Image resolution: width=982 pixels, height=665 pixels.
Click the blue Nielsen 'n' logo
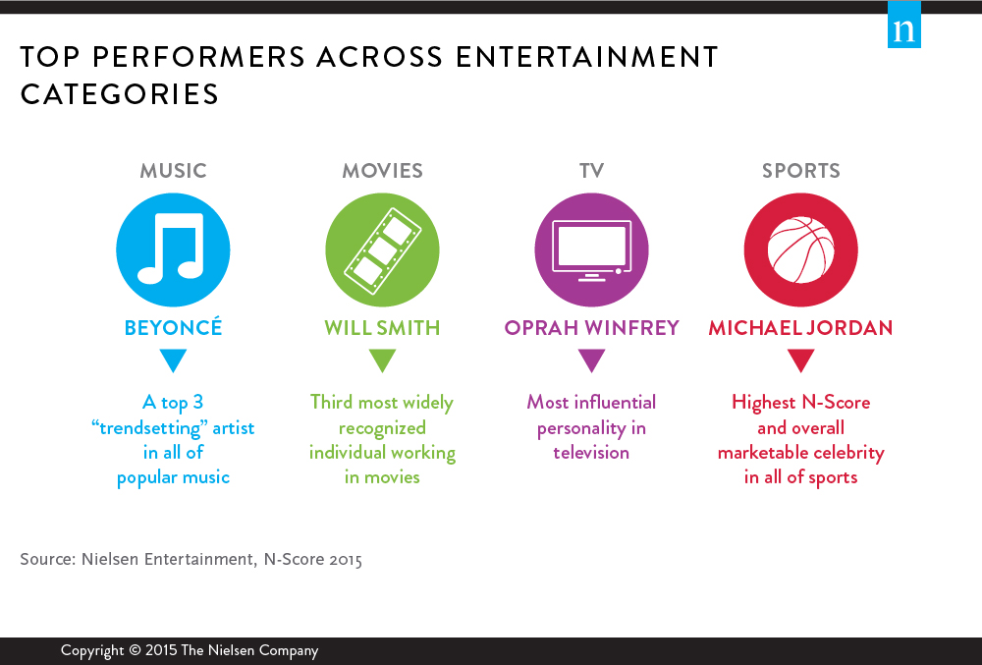tap(904, 25)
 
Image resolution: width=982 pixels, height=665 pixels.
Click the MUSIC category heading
tap(174, 170)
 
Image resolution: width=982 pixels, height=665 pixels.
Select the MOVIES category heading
tap(383, 170)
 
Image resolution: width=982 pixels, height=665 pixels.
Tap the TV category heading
tap(592, 170)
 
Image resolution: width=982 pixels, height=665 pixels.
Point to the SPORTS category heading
tap(801, 170)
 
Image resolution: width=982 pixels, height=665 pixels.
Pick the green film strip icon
tap(382, 249)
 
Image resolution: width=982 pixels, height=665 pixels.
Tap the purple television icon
tap(592, 249)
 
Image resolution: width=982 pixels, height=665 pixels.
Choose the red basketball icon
tap(801, 249)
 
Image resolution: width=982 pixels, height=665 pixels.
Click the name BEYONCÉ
tap(174, 327)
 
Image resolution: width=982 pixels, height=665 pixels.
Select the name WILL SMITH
tap(382, 327)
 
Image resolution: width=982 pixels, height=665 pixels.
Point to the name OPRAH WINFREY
tap(592, 327)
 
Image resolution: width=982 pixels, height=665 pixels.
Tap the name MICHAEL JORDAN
tap(801, 327)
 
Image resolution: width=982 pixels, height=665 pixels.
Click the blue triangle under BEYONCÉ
tap(174, 360)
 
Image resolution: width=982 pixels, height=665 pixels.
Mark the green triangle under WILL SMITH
tap(383, 360)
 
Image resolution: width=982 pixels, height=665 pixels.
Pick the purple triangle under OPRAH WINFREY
tap(592, 360)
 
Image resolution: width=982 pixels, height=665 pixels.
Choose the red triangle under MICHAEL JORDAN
tap(801, 360)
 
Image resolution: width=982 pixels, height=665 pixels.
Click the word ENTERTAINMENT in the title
tap(587, 57)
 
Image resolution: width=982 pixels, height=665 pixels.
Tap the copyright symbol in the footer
tap(135, 650)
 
